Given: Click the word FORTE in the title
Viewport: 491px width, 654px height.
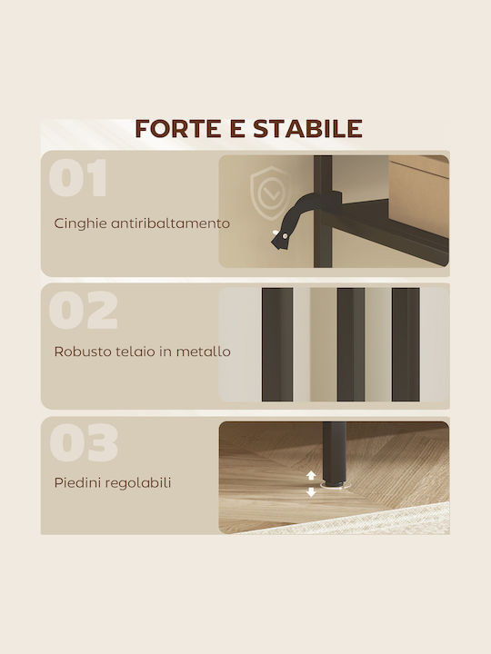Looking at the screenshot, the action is [178, 128].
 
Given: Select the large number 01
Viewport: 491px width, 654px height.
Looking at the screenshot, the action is [78, 177].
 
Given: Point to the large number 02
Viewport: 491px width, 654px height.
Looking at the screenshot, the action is [83, 310].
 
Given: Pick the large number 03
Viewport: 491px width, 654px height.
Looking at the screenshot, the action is [84, 442].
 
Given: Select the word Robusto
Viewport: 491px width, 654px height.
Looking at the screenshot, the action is [78, 352].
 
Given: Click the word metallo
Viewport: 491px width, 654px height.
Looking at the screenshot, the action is [204, 352].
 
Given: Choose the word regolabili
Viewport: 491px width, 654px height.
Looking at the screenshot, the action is [138, 483].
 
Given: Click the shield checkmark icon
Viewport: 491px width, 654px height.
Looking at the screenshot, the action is [269, 193].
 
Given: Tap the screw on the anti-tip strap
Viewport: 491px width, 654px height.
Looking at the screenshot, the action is [285, 236].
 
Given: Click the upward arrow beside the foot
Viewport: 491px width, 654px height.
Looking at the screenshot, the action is [311, 475].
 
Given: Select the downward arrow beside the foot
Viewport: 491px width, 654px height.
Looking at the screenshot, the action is [311, 492].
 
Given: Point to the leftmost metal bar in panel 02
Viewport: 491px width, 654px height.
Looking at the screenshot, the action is [277, 344].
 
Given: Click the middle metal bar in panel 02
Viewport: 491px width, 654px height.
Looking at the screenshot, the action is [351, 344].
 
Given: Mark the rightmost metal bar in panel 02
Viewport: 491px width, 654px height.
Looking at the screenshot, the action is [406, 344].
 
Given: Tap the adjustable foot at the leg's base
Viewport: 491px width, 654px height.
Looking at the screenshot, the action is [334, 484].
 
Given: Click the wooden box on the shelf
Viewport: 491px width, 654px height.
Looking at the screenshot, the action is [419, 195].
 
